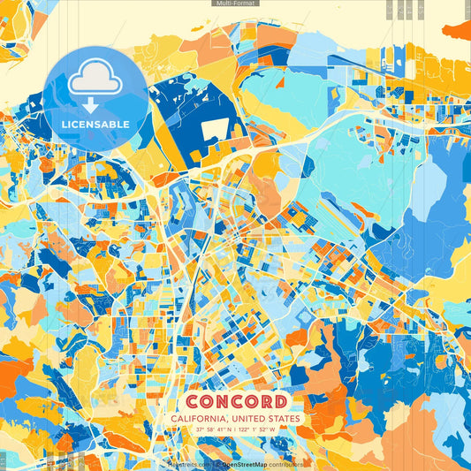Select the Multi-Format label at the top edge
(x=235, y=4)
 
